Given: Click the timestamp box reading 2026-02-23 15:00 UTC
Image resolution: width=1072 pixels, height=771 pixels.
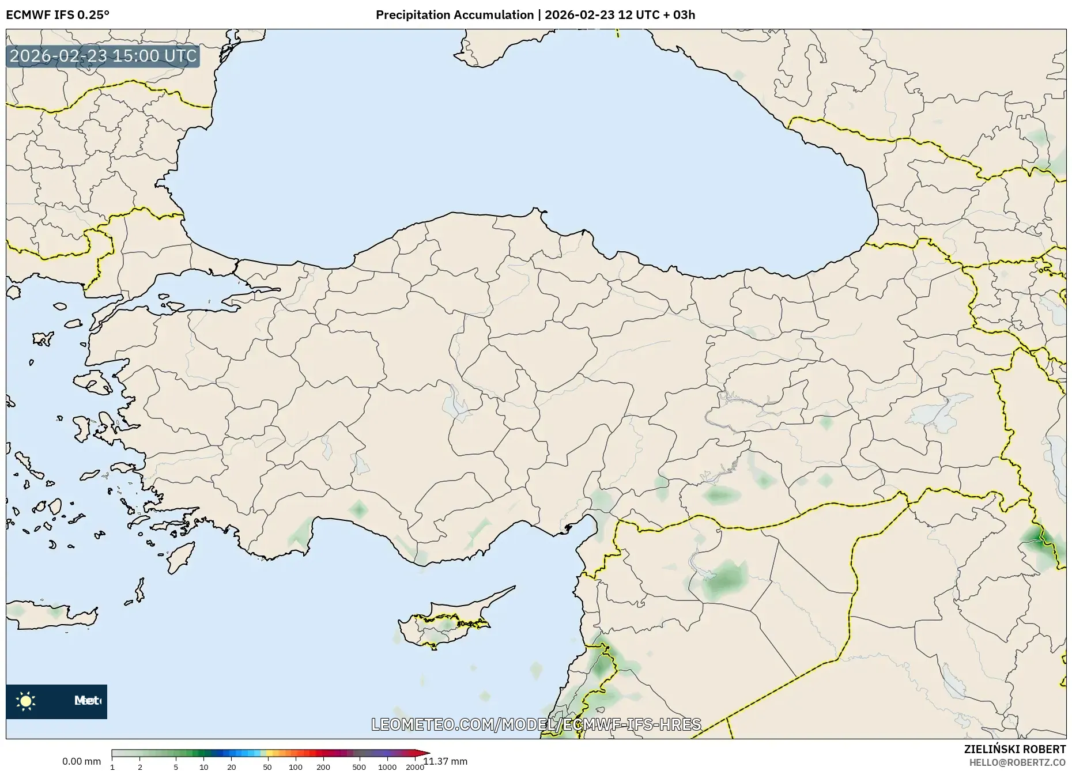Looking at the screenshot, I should [103, 56].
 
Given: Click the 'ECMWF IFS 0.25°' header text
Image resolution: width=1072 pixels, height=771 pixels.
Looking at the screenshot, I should [58, 15].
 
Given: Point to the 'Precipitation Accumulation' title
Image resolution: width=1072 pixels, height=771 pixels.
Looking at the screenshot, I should [454, 15].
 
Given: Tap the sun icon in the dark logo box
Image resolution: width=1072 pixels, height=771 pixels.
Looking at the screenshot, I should [26, 701].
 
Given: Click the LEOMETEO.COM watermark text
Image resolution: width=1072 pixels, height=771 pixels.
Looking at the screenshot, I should [536, 724].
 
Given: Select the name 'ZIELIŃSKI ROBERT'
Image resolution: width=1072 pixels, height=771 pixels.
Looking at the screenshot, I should [1014, 749].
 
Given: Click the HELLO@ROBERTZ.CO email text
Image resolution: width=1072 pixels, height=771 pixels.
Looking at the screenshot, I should [1017, 762].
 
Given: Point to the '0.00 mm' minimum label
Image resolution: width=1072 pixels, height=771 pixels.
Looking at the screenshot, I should [81, 762].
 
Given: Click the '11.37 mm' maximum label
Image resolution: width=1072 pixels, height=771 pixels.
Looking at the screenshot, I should [446, 762].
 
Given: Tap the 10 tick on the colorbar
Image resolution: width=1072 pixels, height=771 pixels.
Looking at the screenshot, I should [203, 767].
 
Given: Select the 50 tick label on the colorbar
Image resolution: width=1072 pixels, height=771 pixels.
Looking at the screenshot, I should [267, 767].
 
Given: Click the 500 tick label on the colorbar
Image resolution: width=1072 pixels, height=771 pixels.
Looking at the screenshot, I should [359, 767].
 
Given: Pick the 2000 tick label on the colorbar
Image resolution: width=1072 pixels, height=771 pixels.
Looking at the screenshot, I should [415, 767].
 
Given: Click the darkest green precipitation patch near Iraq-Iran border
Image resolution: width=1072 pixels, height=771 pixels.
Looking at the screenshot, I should [1039, 540].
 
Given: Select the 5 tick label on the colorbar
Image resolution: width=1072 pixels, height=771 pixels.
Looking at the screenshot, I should [176, 767].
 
